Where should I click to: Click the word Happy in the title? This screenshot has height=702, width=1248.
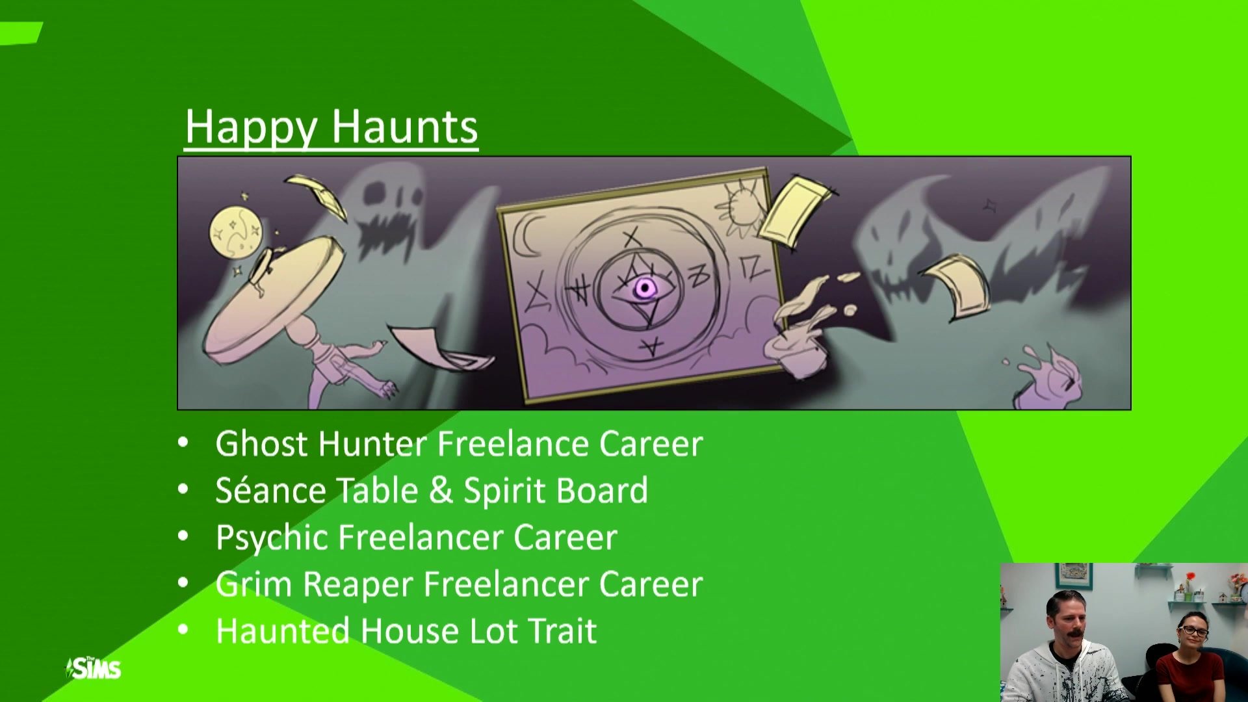click(x=251, y=127)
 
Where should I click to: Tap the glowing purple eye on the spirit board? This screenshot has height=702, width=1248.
click(x=644, y=288)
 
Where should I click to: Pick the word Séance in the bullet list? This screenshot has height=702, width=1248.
click(x=270, y=490)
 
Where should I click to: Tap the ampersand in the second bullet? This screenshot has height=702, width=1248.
click(x=441, y=491)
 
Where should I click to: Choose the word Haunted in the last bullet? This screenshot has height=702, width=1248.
click(x=283, y=631)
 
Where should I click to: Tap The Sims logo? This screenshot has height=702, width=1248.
click(x=94, y=668)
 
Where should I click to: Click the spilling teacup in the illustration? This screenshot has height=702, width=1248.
click(x=796, y=351)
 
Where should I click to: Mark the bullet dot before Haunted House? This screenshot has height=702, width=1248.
click(x=183, y=629)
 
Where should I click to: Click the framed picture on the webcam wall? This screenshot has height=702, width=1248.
click(x=1073, y=575)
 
